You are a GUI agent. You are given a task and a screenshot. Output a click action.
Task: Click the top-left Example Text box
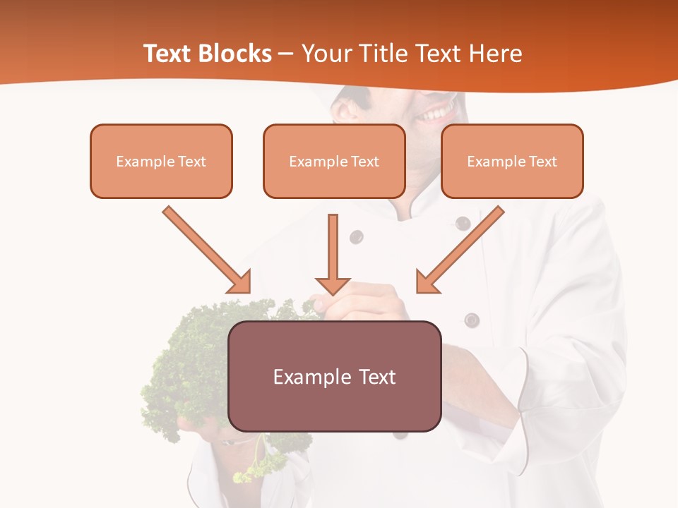click(x=161, y=161)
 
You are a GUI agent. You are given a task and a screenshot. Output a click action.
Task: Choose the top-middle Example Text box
click(x=334, y=161)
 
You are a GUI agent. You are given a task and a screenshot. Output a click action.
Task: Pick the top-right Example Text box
click(x=512, y=161)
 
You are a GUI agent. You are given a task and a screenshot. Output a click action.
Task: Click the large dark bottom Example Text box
click(x=334, y=376)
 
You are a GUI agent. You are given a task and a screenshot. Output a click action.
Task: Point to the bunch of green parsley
click(x=191, y=367)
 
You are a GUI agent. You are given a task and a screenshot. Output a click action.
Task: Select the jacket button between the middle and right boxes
click(x=463, y=224)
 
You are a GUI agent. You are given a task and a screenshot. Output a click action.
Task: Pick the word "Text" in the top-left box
click(x=192, y=162)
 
